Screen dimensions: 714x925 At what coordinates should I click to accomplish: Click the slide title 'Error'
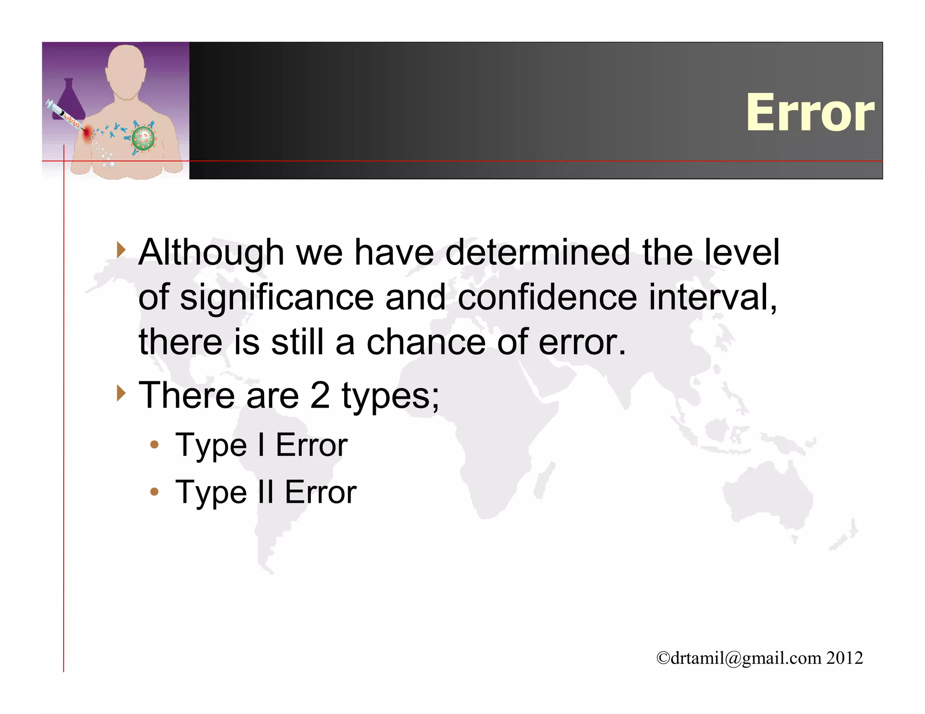810,112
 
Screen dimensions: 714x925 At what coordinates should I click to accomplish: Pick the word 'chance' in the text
425,342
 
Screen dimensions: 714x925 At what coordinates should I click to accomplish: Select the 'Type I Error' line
261,445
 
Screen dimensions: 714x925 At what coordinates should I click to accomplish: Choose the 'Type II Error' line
266,492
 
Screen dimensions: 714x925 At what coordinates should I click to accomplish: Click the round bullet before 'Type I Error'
154,445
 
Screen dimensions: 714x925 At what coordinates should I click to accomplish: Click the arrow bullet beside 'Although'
120,250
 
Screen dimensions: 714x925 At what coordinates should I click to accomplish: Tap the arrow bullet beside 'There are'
120,393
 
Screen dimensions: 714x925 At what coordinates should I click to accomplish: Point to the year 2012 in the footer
845,658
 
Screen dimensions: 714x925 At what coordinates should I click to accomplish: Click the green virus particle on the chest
143,138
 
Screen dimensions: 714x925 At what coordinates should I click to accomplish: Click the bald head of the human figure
126,68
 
